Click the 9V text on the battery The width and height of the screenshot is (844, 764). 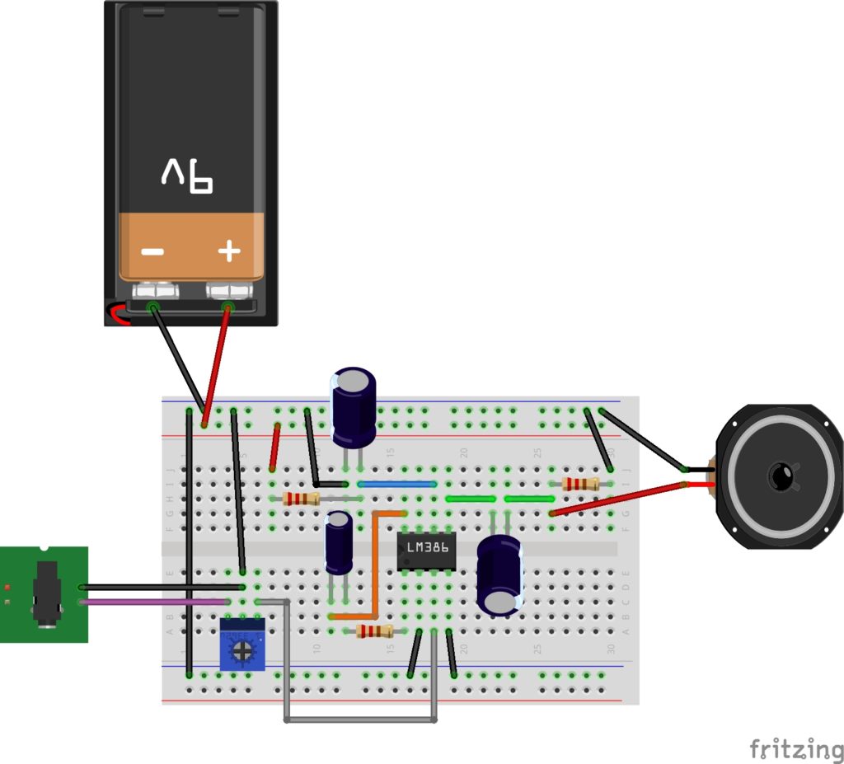[187, 176]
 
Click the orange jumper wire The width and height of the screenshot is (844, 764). [375, 569]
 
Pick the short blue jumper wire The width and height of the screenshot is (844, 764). [397, 485]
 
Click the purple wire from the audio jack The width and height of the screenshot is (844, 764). [157, 602]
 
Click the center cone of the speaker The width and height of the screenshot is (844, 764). [781, 476]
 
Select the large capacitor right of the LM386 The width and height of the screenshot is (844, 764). [499, 574]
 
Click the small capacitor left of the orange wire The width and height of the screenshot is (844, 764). [338, 541]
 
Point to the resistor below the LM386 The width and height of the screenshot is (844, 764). [374, 632]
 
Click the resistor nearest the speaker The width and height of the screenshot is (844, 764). [580, 484]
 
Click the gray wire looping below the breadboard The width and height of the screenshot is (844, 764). [360, 720]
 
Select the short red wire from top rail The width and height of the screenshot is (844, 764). [275, 447]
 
